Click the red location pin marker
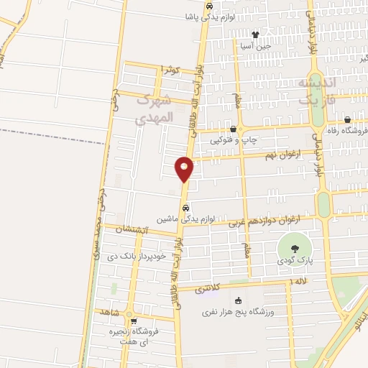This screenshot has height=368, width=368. click(184, 168)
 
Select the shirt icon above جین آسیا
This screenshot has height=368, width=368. click(255, 34)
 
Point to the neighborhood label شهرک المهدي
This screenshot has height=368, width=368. click(165, 108)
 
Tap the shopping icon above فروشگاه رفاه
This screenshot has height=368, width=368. click(348, 120)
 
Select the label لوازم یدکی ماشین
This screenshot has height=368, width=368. click(186, 217)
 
